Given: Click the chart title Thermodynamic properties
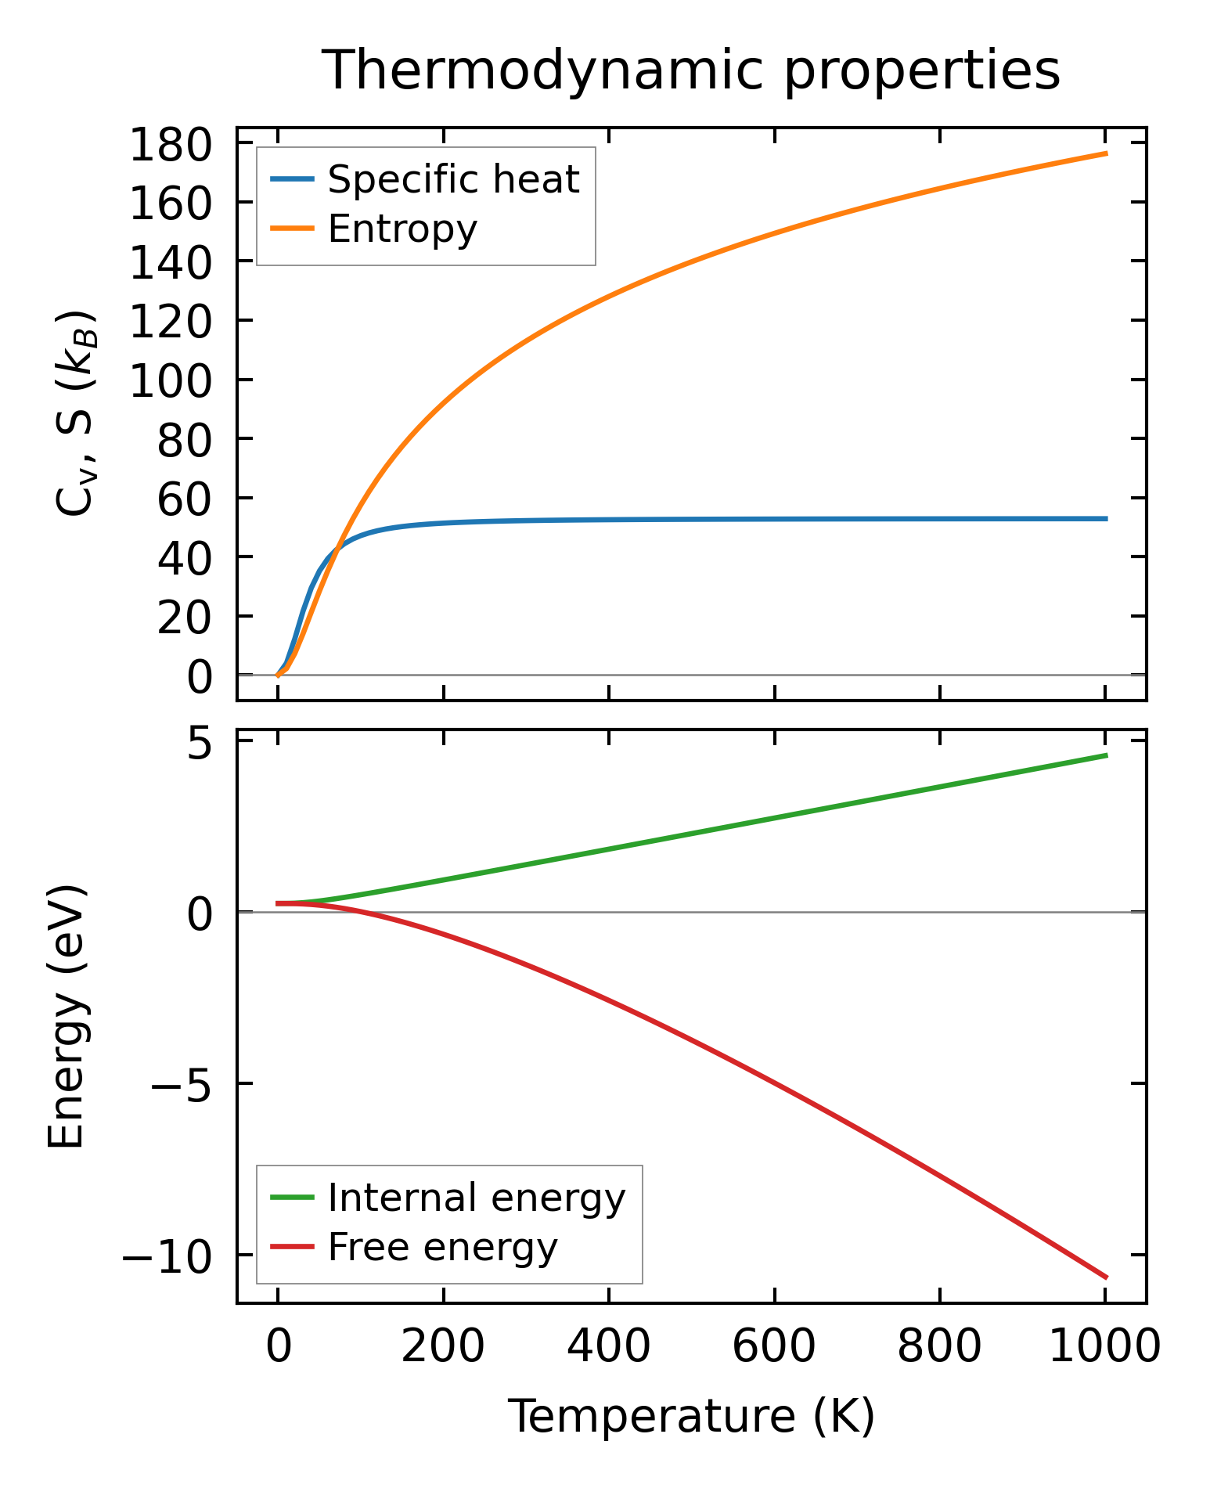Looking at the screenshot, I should pyautogui.click(x=691, y=71).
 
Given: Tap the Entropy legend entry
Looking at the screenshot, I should pyautogui.click(x=402, y=229).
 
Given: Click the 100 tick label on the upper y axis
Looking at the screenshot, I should pyautogui.click(x=170, y=381).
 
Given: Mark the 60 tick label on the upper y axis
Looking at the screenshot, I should pyautogui.click(x=185, y=499).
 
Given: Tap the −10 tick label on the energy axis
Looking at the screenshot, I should pyautogui.click(x=167, y=1256).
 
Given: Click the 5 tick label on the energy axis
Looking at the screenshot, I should pyautogui.click(x=200, y=742).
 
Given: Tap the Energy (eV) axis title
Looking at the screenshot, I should pyautogui.click(x=66, y=1017).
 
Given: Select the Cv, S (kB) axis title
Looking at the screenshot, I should pyautogui.click(x=76, y=413).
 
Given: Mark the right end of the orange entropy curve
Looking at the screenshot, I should pyautogui.click(x=1106, y=153).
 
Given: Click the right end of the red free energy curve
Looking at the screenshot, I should pyautogui.click(x=1106, y=1277).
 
